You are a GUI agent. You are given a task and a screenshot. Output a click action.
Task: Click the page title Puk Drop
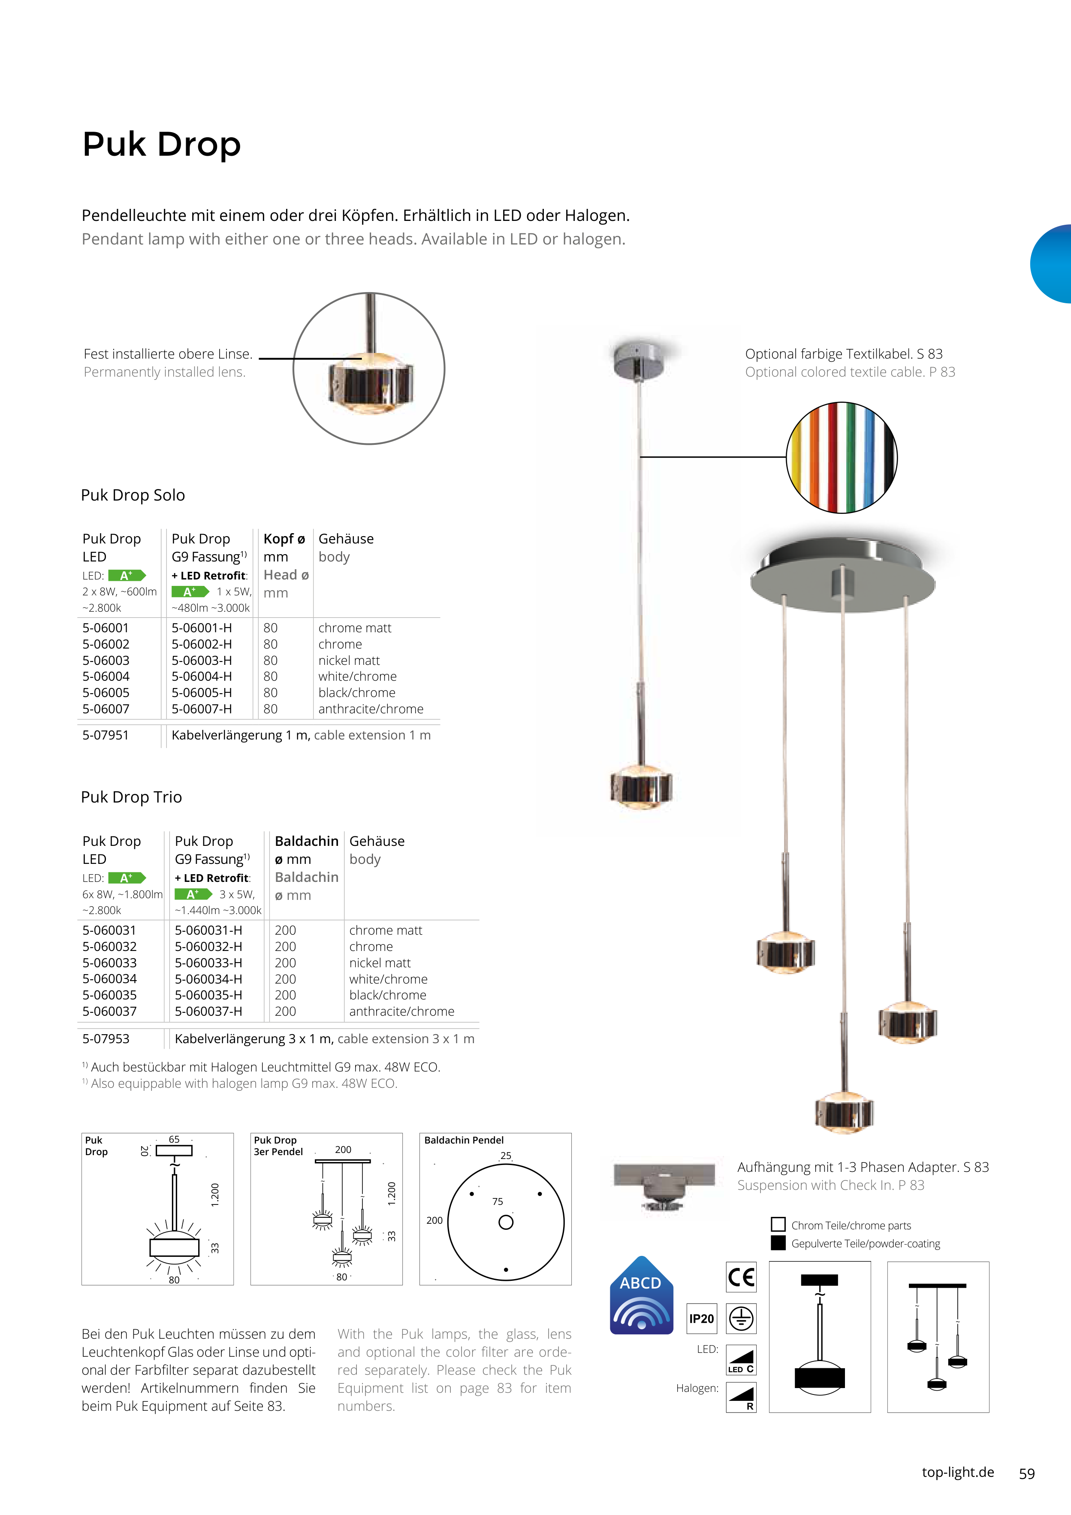(162, 145)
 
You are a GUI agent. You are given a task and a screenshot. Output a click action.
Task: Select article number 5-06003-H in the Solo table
(201, 661)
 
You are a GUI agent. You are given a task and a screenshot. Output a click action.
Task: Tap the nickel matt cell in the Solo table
(349, 661)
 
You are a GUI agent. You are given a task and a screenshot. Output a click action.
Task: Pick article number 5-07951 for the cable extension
(106, 735)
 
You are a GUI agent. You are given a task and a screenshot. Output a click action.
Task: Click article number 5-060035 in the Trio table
(109, 995)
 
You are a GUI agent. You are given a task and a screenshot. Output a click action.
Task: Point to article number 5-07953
(106, 1038)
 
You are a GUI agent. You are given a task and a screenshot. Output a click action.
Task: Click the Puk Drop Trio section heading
(131, 797)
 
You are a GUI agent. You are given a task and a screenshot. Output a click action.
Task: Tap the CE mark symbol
(741, 1277)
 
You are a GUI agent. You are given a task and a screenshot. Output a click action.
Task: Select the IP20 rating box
(701, 1319)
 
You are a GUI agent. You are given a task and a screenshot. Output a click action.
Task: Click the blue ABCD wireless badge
(641, 1296)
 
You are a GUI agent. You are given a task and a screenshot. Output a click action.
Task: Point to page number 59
(1027, 1473)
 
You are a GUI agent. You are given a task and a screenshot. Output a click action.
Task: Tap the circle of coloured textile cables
(842, 457)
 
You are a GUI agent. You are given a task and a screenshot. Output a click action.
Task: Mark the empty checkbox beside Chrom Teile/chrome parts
(778, 1225)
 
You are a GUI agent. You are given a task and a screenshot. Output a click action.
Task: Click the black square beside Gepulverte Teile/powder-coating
(778, 1243)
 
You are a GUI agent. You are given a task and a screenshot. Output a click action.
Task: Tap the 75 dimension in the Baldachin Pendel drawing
(498, 1201)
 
